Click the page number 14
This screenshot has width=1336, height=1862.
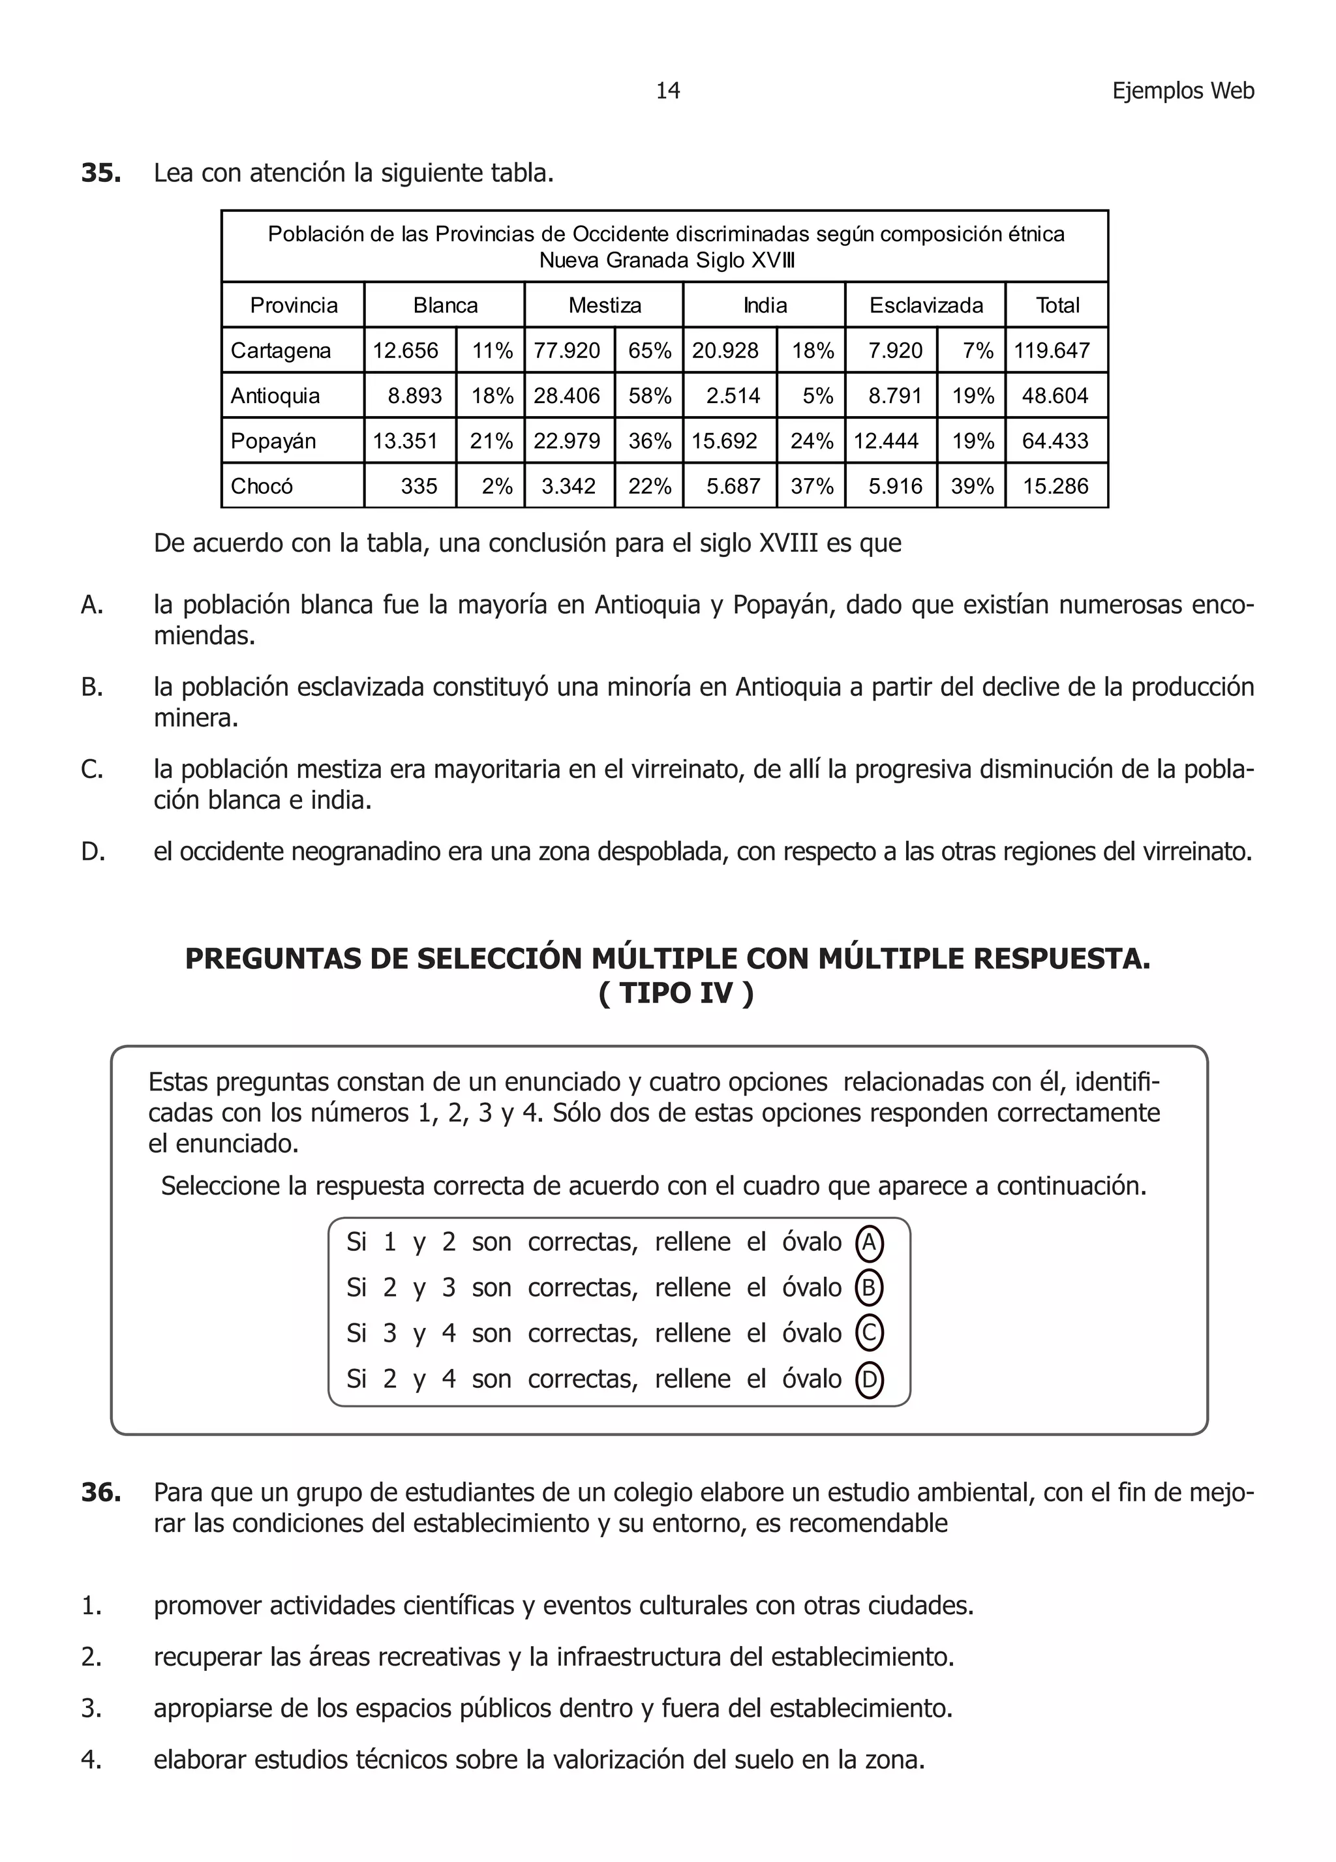(x=667, y=90)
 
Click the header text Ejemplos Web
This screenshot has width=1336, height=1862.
(x=1183, y=90)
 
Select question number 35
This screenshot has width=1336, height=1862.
(x=101, y=173)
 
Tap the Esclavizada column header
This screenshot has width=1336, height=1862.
(x=926, y=305)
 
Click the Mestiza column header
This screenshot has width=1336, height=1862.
(x=604, y=305)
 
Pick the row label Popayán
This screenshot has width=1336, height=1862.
(x=273, y=441)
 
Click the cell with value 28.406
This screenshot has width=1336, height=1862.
(x=567, y=396)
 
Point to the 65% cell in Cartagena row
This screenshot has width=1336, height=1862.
(x=650, y=351)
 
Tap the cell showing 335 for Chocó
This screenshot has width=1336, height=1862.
(x=419, y=486)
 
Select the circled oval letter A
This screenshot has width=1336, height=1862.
(x=869, y=1242)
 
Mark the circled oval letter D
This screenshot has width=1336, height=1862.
(x=869, y=1379)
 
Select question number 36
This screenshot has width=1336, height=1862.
(x=101, y=1493)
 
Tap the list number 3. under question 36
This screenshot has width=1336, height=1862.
(x=91, y=1709)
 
